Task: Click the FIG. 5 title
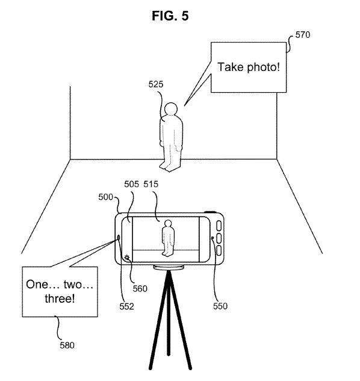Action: (170, 16)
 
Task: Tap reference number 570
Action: (303, 35)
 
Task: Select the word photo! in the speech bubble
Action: (263, 67)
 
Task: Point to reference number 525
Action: (156, 84)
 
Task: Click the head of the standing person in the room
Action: (171, 108)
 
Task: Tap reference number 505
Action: (131, 184)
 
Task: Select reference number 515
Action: (151, 184)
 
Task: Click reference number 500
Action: (106, 197)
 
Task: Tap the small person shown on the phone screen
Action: (168, 238)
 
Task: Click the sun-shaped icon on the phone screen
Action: (126, 258)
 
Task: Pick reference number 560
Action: (140, 289)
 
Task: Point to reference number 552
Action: (126, 306)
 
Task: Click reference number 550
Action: (220, 306)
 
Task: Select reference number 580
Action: (67, 345)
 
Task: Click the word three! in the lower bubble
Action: (60, 298)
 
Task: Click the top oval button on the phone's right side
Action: (219, 226)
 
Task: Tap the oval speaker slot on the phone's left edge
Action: (119, 238)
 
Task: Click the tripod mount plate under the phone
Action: (169, 267)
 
